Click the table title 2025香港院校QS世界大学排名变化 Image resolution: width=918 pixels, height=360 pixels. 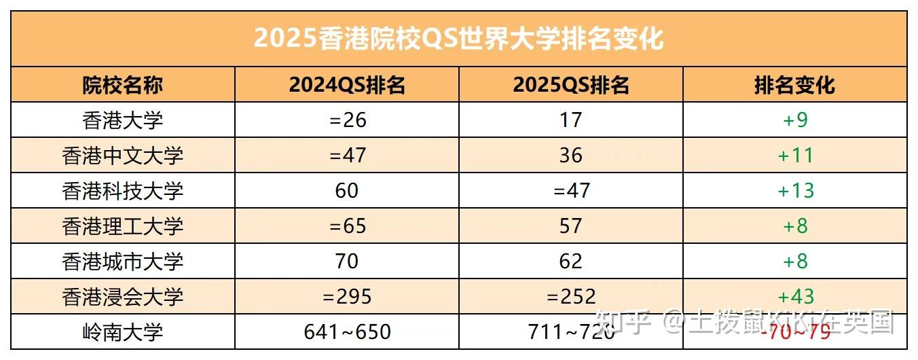click(x=458, y=39)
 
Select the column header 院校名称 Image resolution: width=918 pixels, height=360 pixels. click(x=123, y=85)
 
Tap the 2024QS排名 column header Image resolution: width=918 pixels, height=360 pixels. click(x=347, y=85)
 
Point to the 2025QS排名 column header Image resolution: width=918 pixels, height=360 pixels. click(x=571, y=85)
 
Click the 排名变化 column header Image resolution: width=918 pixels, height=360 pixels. click(x=794, y=85)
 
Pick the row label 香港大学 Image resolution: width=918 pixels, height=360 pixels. click(x=123, y=120)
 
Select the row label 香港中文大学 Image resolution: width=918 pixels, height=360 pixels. click(x=123, y=156)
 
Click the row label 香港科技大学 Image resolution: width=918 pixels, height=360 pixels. click(x=123, y=191)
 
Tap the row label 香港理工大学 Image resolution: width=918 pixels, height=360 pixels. click(x=123, y=226)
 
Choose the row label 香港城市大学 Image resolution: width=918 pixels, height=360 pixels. click(x=123, y=262)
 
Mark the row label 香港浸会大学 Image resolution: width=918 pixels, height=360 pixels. click(x=123, y=297)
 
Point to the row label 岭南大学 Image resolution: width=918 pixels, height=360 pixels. click(x=123, y=332)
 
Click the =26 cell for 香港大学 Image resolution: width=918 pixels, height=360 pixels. click(x=347, y=120)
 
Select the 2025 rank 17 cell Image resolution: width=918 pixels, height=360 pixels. click(x=571, y=120)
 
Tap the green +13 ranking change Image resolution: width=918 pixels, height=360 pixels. click(x=795, y=191)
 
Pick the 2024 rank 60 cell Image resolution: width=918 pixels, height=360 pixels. click(x=347, y=191)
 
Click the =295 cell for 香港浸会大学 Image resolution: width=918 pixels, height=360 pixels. click(x=347, y=297)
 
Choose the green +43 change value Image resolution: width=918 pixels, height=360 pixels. click(x=795, y=297)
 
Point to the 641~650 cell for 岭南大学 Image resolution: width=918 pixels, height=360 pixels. click(x=347, y=332)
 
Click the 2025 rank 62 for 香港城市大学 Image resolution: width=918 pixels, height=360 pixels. click(x=571, y=262)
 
